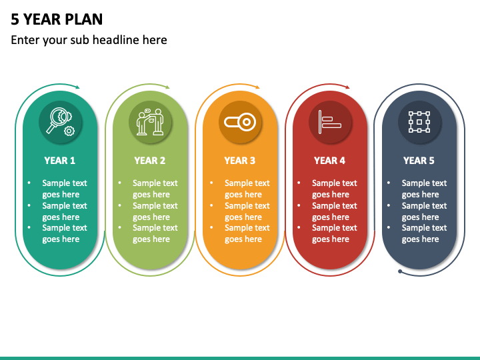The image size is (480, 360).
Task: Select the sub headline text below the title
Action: (89, 40)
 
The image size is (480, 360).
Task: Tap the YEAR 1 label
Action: (60, 161)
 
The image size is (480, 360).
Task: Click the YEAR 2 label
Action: (150, 161)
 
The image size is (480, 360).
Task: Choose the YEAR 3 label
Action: (240, 161)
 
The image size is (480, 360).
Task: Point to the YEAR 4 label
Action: (330, 161)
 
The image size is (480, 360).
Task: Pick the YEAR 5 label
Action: (419, 161)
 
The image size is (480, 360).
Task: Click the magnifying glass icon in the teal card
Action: (60, 122)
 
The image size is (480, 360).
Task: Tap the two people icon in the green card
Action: (150, 122)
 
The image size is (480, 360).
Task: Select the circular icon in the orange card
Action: (240, 122)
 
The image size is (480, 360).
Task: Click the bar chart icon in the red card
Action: (330, 122)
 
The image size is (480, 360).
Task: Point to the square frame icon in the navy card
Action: (419, 122)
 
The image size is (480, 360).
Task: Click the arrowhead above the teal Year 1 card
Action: (77, 87)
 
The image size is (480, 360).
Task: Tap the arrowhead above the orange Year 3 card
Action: (257, 87)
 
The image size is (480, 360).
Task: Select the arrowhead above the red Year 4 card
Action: (347, 87)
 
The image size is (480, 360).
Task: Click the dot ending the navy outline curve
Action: (399, 271)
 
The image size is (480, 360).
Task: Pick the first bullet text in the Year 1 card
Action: (65, 189)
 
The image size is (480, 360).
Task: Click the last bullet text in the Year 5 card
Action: (424, 233)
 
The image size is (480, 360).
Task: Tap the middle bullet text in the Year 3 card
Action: (247, 211)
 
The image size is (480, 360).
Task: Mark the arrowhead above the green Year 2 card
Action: (167, 87)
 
